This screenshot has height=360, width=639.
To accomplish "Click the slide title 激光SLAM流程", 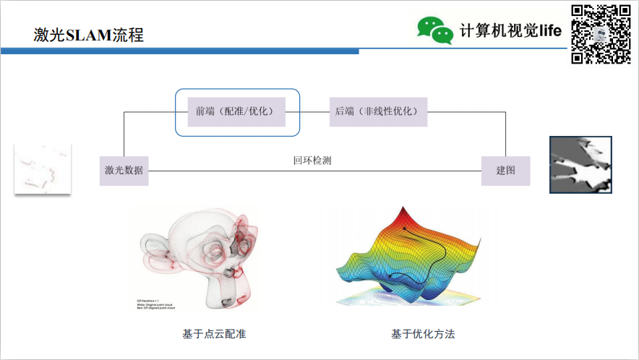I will pyautogui.click(x=88, y=34).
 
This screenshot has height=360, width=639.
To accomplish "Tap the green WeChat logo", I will pyautogui.click(x=435, y=30).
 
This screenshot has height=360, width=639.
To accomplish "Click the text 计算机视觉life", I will pyautogui.click(x=510, y=30).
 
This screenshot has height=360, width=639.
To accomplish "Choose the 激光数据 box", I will pyautogui.click(x=124, y=171).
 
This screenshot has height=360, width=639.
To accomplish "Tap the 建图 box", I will pyautogui.click(x=505, y=171).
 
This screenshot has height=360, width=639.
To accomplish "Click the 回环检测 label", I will pyautogui.click(x=312, y=160).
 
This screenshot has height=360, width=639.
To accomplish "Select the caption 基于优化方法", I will pyautogui.click(x=423, y=334).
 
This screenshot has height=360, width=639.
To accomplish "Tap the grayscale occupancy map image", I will pyautogui.click(x=580, y=165).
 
